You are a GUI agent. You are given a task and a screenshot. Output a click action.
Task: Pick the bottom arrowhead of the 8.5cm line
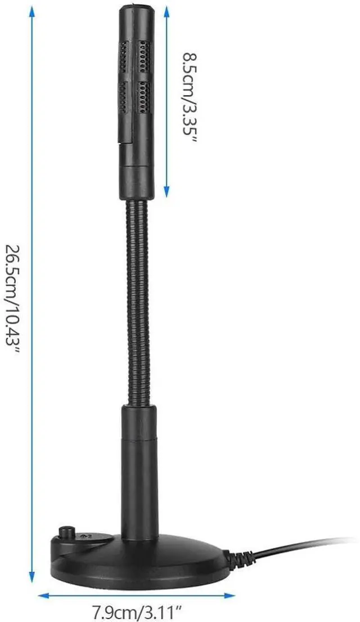tap(166, 194)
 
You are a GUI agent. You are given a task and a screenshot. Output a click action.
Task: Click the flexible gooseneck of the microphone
tap(137, 298)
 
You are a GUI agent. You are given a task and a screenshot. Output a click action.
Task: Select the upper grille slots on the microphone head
tap(135, 56)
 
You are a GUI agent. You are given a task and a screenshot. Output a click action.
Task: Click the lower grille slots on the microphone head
tap(135, 96)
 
